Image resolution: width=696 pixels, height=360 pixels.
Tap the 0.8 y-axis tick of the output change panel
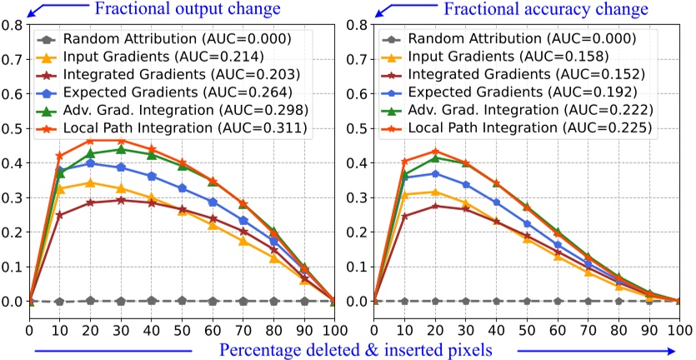pyautogui.click(x=13, y=25)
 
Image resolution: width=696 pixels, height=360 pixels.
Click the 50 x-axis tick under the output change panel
pyautogui.click(x=182, y=317)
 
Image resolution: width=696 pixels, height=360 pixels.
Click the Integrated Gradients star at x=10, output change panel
pyautogui.click(x=59, y=215)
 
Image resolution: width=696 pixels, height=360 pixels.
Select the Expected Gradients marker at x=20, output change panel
pyautogui.click(x=90, y=163)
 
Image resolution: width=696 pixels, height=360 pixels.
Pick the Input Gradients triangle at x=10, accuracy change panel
pyautogui.click(x=405, y=194)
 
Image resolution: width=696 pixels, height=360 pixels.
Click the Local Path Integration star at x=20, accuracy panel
pyautogui.click(x=435, y=152)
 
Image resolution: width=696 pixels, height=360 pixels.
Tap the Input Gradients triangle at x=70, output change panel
pyautogui.click(x=243, y=241)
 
